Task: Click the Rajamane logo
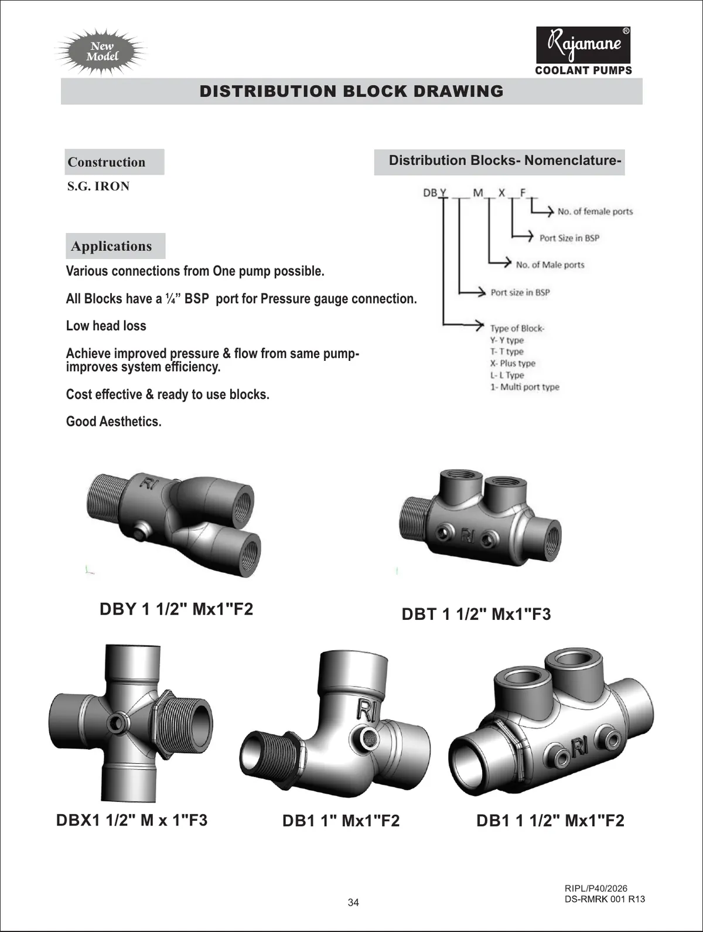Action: coord(583,45)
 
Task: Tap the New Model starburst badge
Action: coord(103,52)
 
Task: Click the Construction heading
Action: coord(107,162)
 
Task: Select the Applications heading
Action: coord(111,246)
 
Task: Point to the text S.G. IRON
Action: coord(98,186)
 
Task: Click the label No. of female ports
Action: coord(595,211)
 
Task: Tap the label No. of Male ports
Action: coord(550,265)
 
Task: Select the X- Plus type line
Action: coord(513,363)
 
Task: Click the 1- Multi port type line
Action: coord(524,387)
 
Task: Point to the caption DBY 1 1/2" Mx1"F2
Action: coord(176,609)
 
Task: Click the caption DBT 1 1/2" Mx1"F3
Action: coord(476,614)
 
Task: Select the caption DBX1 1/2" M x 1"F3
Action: coord(132,820)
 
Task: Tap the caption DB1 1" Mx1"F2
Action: coord(341,821)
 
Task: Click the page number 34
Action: coord(353,902)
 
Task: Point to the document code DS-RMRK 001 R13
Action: coord(605,899)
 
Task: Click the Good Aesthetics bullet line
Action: coord(114,422)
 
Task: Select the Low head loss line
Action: coord(106,326)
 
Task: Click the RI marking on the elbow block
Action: coord(366,711)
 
